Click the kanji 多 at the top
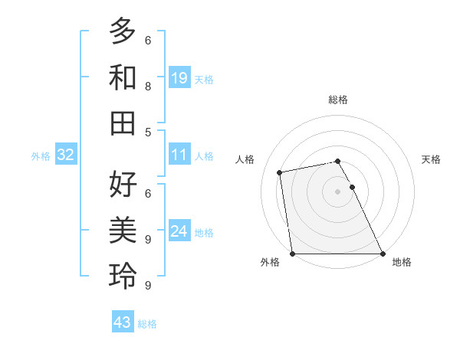click(123, 32)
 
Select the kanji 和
click(123, 77)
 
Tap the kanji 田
click(123, 123)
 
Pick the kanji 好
click(123, 185)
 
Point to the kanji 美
click(123, 230)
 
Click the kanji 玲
click(123, 276)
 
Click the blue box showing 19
click(179, 78)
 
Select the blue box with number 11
click(179, 155)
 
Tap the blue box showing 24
click(179, 231)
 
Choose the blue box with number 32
click(65, 155)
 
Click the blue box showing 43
click(122, 322)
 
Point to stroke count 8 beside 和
click(148, 86)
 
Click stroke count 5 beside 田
click(148, 132)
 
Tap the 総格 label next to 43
click(147, 324)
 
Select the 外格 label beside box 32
click(41, 156)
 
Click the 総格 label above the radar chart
click(337, 100)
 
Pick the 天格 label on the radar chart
click(431, 159)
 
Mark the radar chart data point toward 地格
click(382, 254)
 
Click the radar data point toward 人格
click(281, 172)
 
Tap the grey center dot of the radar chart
click(337, 191)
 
